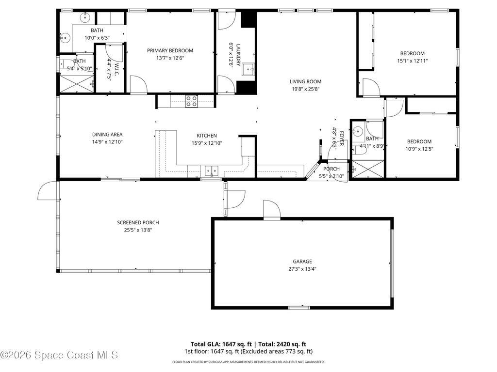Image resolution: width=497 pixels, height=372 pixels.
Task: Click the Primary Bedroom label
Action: pyautogui.click(x=170, y=50)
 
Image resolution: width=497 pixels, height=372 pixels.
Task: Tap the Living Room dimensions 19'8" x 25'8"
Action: pyautogui.click(x=306, y=89)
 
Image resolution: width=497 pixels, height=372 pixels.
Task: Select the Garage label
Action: pyautogui.click(x=302, y=262)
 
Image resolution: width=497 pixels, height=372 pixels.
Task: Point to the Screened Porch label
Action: pyautogui.click(x=138, y=223)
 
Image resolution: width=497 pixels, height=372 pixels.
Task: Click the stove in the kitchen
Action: pyautogui.click(x=192, y=101)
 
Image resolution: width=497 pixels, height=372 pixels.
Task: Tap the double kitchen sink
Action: pyautogui.click(x=211, y=170)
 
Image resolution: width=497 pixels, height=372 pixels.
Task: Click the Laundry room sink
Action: pyautogui.click(x=249, y=69)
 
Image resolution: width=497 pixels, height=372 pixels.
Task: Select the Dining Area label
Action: pyautogui.click(x=107, y=135)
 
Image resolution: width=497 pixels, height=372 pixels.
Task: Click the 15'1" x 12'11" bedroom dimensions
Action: pyautogui.click(x=412, y=61)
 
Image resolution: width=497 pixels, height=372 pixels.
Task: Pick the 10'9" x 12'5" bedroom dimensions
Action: pyautogui.click(x=419, y=149)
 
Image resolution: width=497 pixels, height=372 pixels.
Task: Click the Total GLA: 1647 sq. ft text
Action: pyautogui.click(x=217, y=344)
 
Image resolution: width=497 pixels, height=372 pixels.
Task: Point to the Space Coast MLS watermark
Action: pyautogui.click(x=59, y=355)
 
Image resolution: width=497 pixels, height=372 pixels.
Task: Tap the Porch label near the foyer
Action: pyautogui.click(x=331, y=169)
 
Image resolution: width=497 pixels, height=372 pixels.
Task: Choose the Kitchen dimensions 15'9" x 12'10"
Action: pyautogui.click(x=206, y=143)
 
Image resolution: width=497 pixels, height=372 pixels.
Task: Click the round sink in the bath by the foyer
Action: pyautogui.click(x=358, y=130)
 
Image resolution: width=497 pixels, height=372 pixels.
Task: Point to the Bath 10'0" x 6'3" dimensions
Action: pyautogui.click(x=97, y=38)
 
